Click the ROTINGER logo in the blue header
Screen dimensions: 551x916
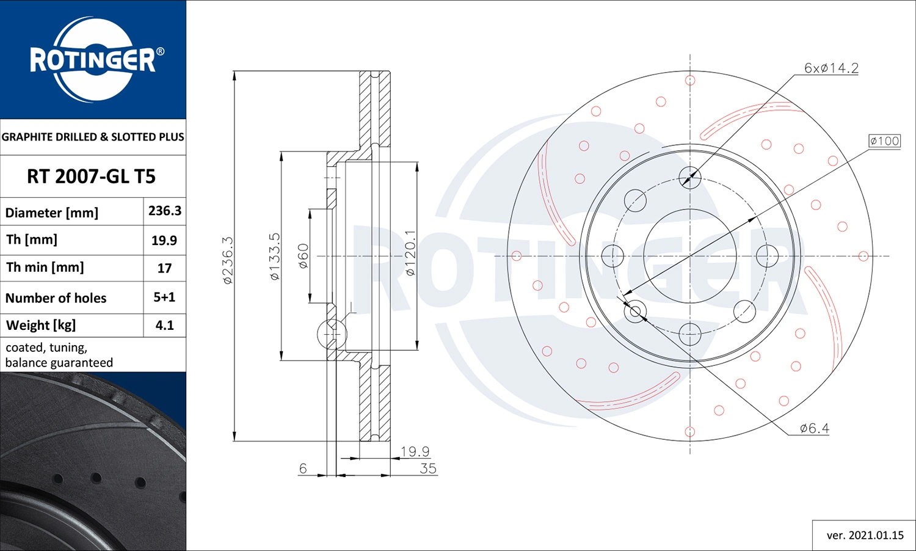pyautogui.click(x=93, y=60)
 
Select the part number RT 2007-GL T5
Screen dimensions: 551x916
pyautogui.click(x=92, y=177)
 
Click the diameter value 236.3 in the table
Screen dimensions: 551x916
pyautogui.click(x=164, y=211)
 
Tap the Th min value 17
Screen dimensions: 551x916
pyautogui.click(x=164, y=268)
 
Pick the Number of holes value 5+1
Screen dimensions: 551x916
pyautogui.click(x=164, y=297)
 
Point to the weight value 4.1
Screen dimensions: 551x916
pyautogui.click(x=164, y=326)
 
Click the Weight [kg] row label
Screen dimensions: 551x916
pyautogui.click(x=41, y=326)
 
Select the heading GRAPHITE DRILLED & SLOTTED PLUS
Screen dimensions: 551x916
pyautogui.click(x=93, y=137)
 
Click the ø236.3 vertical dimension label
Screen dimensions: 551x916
pyautogui.click(x=227, y=260)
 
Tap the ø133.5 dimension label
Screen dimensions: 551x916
pyautogui.click(x=275, y=257)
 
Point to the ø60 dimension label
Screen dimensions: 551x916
pyautogui.click(x=304, y=256)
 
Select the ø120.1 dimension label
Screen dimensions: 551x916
pyautogui.click(x=410, y=253)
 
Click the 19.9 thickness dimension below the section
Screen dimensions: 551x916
pyautogui.click(x=415, y=451)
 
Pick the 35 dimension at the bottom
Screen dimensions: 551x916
pyautogui.click(x=428, y=469)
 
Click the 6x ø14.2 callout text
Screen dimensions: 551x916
pyautogui.click(x=831, y=68)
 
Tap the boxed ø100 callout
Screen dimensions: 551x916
pyautogui.click(x=884, y=141)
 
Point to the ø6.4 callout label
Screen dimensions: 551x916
pyautogui.click(x=815, y=428)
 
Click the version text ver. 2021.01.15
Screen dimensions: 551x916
pyautogui.click(x=865, y=535)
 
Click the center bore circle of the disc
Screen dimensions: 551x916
pyautogui.click(x=690, y=256)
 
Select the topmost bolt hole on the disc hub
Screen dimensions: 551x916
pyautogui.click(x=690, y=178)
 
